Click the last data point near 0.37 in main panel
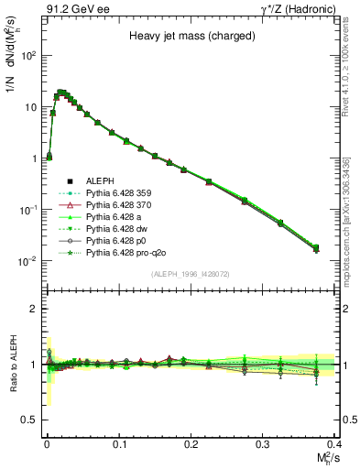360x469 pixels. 316,247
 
